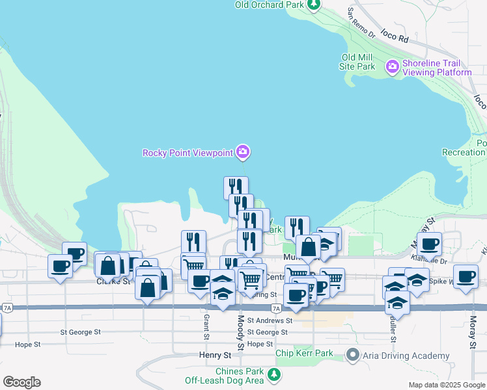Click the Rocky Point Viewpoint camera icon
(243, 153)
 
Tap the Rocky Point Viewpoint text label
(188, 153)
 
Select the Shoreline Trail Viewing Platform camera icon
(392, 66)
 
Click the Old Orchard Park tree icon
(314, 5)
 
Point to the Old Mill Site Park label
(357, 62)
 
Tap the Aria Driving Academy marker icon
(353, 355)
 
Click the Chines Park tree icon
(274, 374)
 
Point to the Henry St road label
(215, 356)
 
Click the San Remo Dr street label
(361, 21)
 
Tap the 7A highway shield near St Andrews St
(276, 308)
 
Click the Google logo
(21, 382)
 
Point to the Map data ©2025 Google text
(446, 385)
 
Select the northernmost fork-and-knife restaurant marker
(236, 187)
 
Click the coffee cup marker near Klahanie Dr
(429, 244)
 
